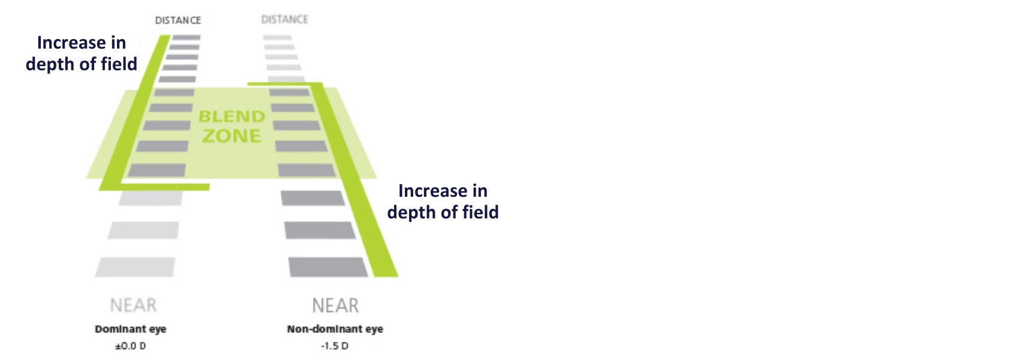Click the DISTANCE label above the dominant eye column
(178, 20)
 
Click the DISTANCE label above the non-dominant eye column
(284, 19)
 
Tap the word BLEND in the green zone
(232, 116)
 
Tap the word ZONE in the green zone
(232, 136)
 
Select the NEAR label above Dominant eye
(134, 305)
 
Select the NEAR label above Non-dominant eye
(335, 305)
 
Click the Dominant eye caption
(130, 329)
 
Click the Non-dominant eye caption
(335, 329)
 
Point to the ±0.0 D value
(130, 346)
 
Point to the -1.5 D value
(335, 346)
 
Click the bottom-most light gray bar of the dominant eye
(135, 267)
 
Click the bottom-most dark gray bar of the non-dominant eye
(328, 267)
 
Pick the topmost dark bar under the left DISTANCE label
(186, 37)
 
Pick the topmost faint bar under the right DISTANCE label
(277, 37)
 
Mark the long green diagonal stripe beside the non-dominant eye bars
(354, 179)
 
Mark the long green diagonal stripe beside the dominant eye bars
(135, 113)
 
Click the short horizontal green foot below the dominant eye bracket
(164, 187)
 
